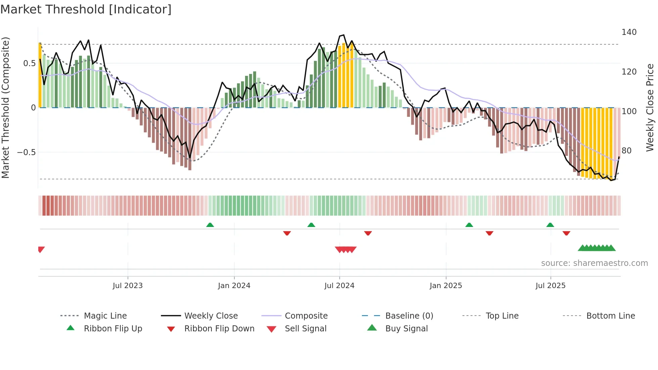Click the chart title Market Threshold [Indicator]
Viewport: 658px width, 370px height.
[x=86, y=9]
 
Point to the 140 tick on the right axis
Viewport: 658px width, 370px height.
[x=629, y=32]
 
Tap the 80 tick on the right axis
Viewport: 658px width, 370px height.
[x=626, y=151]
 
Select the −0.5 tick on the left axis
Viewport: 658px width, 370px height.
[x=26, y=152]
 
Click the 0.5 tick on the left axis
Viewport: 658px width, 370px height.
[x=29, y=63]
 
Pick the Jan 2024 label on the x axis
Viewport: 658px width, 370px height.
[x=234, y=286]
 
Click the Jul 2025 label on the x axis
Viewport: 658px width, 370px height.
[x=550, y=286]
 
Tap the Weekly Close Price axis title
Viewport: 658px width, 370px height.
[x=650, y=107]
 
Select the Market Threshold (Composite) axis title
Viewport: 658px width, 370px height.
[x=5, y=107]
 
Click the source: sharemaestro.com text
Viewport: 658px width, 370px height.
[x=594, y=263]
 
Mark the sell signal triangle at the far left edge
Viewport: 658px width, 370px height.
[x=41, y=249]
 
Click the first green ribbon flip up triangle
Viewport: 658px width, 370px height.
[x=210, y=225]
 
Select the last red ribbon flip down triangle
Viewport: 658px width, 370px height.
[x=566, y=233]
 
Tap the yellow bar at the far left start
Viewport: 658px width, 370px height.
[x=40, y=76]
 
